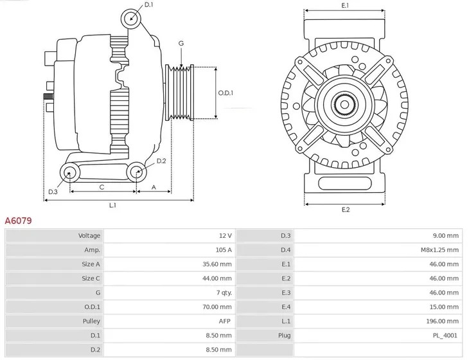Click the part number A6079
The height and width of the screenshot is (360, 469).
pos(19,221)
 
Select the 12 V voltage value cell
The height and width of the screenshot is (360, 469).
pos(225,236)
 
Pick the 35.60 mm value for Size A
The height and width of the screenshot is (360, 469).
pos(219,264)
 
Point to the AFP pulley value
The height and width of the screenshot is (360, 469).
pos(226,321)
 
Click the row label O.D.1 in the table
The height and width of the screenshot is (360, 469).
pos(92,307)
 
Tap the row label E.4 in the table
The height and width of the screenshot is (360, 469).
pos(286,307)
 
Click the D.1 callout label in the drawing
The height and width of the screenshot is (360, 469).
pos(148,5)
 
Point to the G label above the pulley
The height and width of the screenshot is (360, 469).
pos(181,43)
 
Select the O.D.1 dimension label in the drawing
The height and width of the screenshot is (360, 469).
pos(226,93)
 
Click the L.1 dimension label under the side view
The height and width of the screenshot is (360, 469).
pos(112,205)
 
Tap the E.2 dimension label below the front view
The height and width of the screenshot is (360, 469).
pos(345,210)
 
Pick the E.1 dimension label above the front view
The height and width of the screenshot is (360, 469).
pos(345,6)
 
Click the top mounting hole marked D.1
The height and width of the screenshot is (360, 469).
pos(131,17)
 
